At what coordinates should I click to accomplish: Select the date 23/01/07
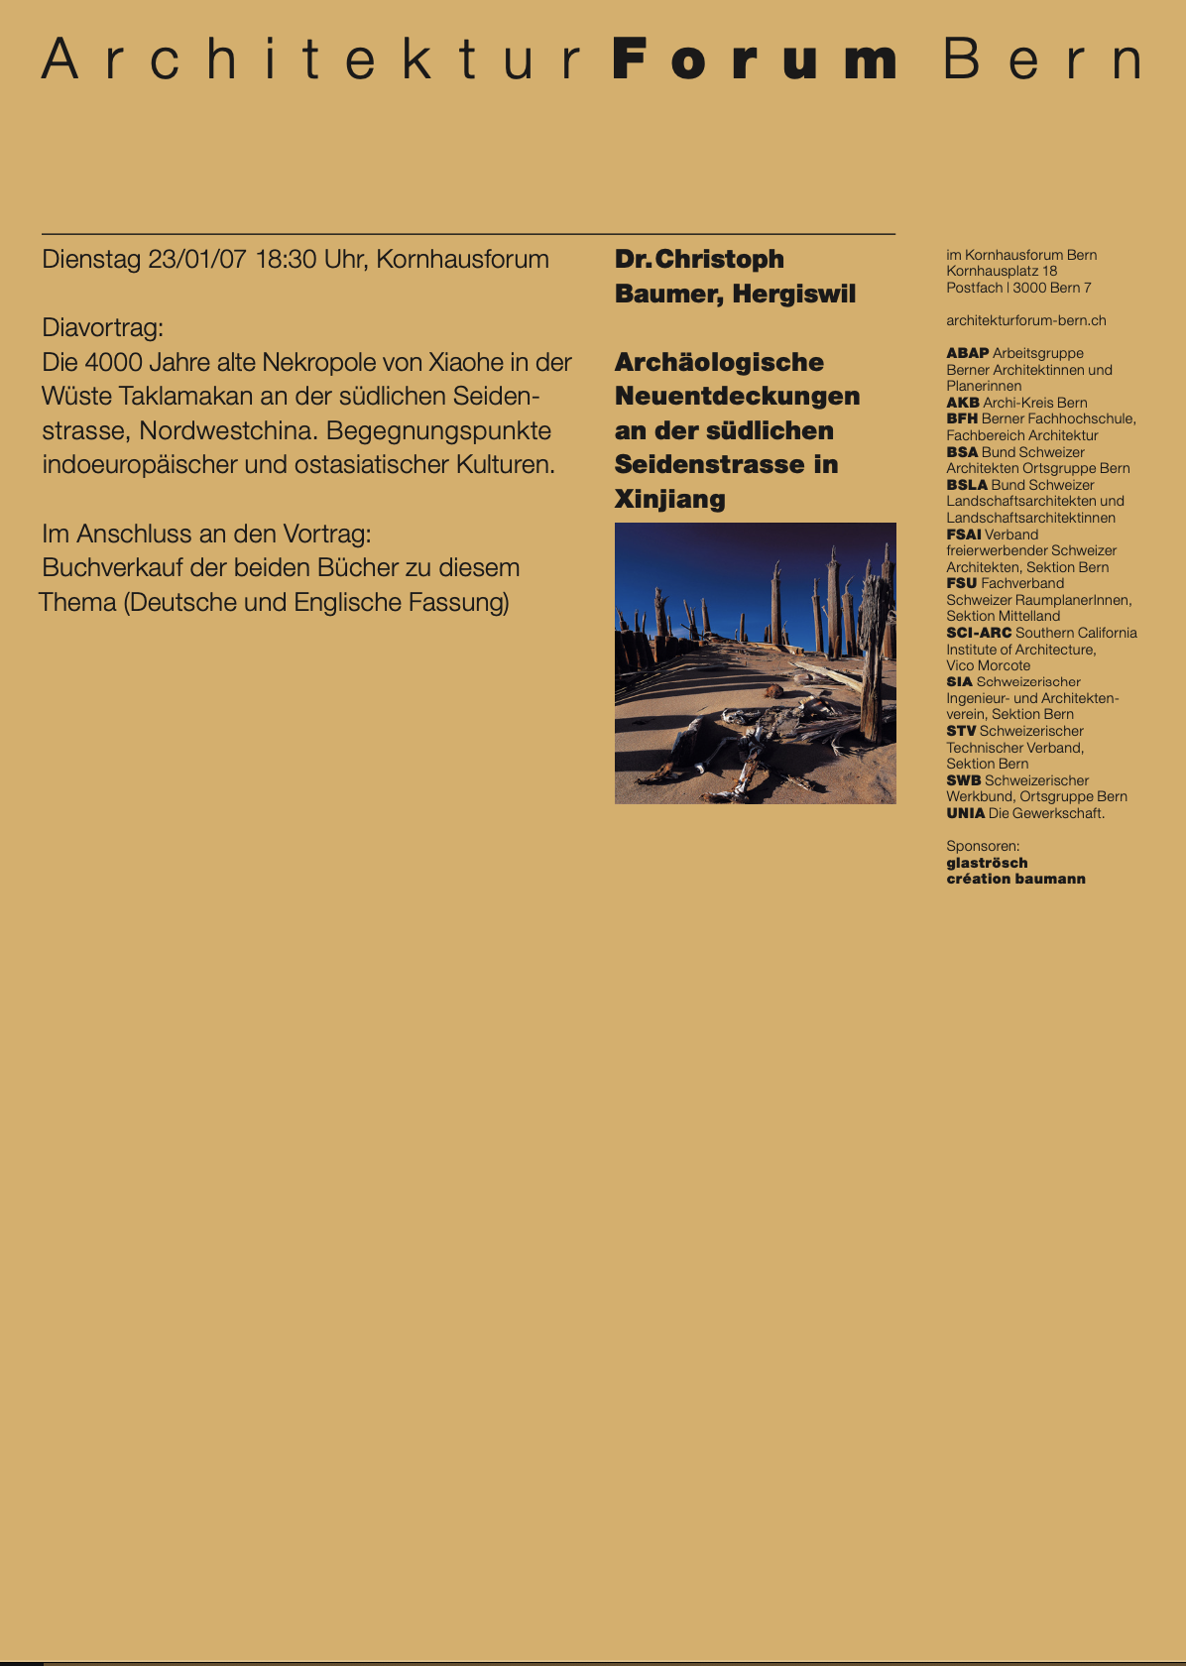tap(197, 260)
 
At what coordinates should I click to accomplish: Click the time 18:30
tap(286, 260)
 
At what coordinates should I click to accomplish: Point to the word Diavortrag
tap(102, 328)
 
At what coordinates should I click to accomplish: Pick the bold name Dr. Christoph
tap(699, 260)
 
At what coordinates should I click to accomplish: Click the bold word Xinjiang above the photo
tap(669, 499)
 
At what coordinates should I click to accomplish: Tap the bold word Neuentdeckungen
tap(737, 397)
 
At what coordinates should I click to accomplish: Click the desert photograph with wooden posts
tap(755, 662)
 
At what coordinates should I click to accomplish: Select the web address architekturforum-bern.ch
tap(1025, 320)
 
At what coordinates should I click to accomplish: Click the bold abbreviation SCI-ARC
tap(979, 633)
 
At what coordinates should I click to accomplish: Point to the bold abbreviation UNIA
tap(965, 813)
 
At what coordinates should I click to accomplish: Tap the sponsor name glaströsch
tap(987, 863)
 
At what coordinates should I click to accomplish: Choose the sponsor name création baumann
tap(1015, 879)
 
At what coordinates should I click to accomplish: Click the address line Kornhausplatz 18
tap(1002, 271)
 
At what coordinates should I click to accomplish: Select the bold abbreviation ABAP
tap(967, 353)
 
